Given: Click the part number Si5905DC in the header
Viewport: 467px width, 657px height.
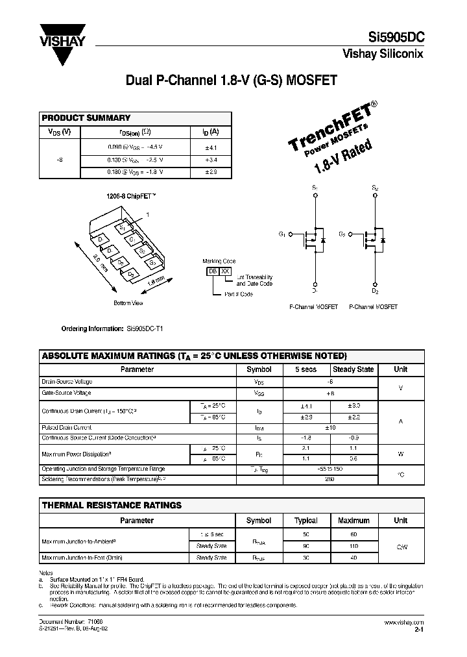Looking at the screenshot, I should [393, 38].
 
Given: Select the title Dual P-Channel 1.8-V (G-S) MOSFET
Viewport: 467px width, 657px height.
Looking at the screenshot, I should [232, 81].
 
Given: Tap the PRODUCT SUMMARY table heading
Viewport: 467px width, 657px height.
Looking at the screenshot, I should [86, 118].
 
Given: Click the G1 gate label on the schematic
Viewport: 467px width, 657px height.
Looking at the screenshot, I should [282, 234].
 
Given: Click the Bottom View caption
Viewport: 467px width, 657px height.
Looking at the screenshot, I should [128, 303].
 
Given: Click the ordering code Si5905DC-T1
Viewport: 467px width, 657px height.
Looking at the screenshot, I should [145, 328].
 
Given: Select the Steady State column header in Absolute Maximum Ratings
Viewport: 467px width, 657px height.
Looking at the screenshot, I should [353, 369].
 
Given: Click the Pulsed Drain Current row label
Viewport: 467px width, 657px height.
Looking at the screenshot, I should [66, 428].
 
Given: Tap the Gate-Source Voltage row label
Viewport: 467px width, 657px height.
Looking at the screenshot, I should [66, 393].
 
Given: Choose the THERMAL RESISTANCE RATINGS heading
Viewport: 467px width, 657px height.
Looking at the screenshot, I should [112, 505].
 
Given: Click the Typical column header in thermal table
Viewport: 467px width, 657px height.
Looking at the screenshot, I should [306, 520].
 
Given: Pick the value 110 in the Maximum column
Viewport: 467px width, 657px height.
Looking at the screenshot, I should [353, 546].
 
